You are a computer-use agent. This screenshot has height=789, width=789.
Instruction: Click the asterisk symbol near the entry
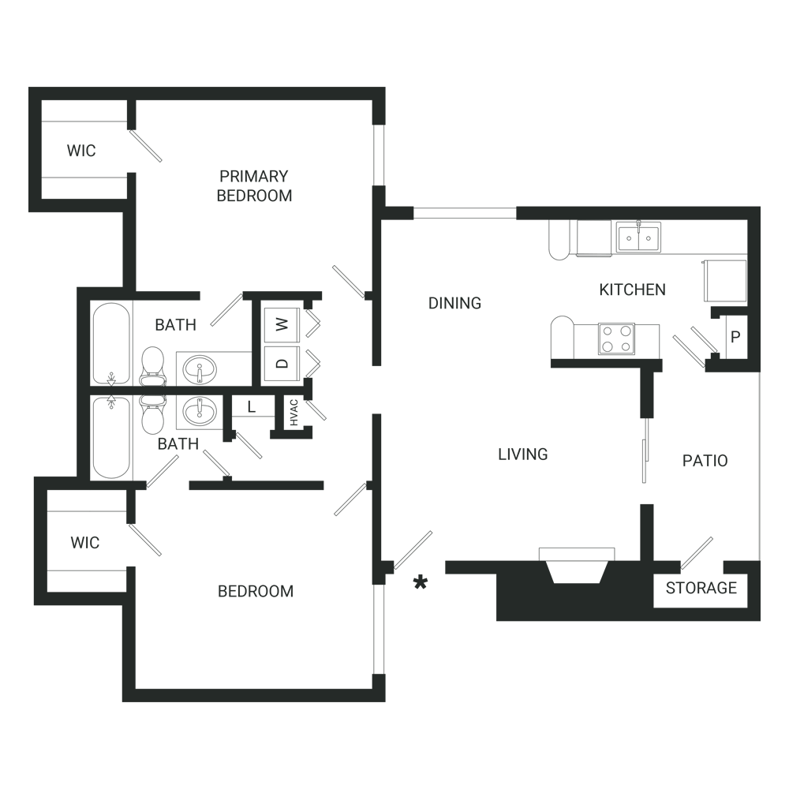tap(421, 583)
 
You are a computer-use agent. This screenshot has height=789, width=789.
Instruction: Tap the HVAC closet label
tap(294, 413)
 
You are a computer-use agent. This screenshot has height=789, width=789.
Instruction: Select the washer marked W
tap(282, 324)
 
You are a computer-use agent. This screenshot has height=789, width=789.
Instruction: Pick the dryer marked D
tap(282, 363)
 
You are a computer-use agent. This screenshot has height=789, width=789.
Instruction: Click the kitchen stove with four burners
tap(616, 338)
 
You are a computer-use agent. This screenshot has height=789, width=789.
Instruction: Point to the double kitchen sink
tap(638, 237)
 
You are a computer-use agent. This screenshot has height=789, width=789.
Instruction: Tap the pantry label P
tap(735, 337)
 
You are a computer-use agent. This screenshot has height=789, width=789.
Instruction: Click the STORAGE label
tap(701, 588)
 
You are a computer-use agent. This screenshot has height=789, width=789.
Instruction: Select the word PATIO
tap(705, 461)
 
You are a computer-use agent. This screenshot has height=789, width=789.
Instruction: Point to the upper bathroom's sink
tap(200, 370)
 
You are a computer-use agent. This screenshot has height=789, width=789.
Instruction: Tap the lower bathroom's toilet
tap(153, 414)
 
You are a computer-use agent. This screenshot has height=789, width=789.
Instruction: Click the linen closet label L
tap(252, 406)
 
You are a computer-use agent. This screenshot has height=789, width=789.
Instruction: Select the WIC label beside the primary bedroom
tap(81, 151)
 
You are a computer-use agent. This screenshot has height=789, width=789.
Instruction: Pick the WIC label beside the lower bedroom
tap(85, 543)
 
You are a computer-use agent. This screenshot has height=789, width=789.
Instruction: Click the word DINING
tap(454, 303)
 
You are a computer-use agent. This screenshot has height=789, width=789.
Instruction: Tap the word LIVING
tap(523, 454)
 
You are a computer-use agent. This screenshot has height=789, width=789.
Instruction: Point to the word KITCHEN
tap(633, 290)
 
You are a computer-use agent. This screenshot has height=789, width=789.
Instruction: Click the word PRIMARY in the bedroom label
tap(253, 176)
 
